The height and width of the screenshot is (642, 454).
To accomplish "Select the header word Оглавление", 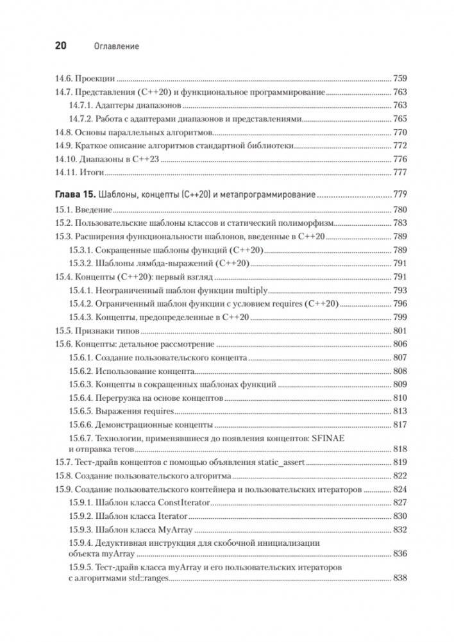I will click(x=117, y=47).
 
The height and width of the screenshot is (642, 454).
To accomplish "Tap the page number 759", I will click(x=400, y=79).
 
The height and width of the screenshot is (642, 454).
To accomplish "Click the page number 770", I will click(x=400, y=132).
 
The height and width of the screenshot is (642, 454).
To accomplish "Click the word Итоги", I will click(x=92, y=173).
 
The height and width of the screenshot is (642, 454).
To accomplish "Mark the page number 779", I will click(x=400, y=194).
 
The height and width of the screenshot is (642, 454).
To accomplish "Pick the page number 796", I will click(x=400, y=304).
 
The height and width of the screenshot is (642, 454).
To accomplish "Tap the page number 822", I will click(x=400, y=476).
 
